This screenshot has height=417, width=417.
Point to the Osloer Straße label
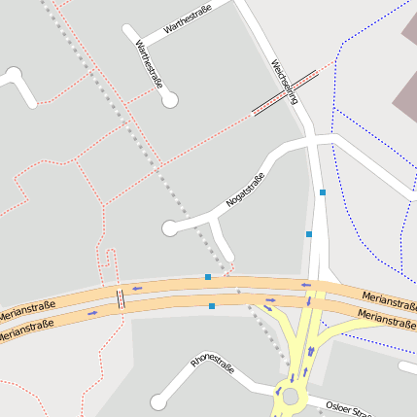point(348,407)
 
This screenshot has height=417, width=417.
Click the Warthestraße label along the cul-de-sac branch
point(148,63)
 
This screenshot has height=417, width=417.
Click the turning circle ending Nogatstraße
point(170,228)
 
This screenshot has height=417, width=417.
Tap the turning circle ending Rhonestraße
point(158,401)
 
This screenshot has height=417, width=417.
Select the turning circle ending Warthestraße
point(170,99)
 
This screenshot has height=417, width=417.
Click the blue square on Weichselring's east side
point(323,192)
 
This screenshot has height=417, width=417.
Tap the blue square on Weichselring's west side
point(309,234)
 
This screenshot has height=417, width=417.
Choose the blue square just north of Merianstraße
point(208,277)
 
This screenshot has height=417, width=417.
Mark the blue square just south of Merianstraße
point(212,306)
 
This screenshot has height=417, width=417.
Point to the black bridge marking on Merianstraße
point(121,298)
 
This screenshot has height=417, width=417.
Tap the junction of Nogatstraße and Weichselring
point(313,139)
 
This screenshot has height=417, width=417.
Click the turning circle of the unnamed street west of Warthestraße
point(14,74)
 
